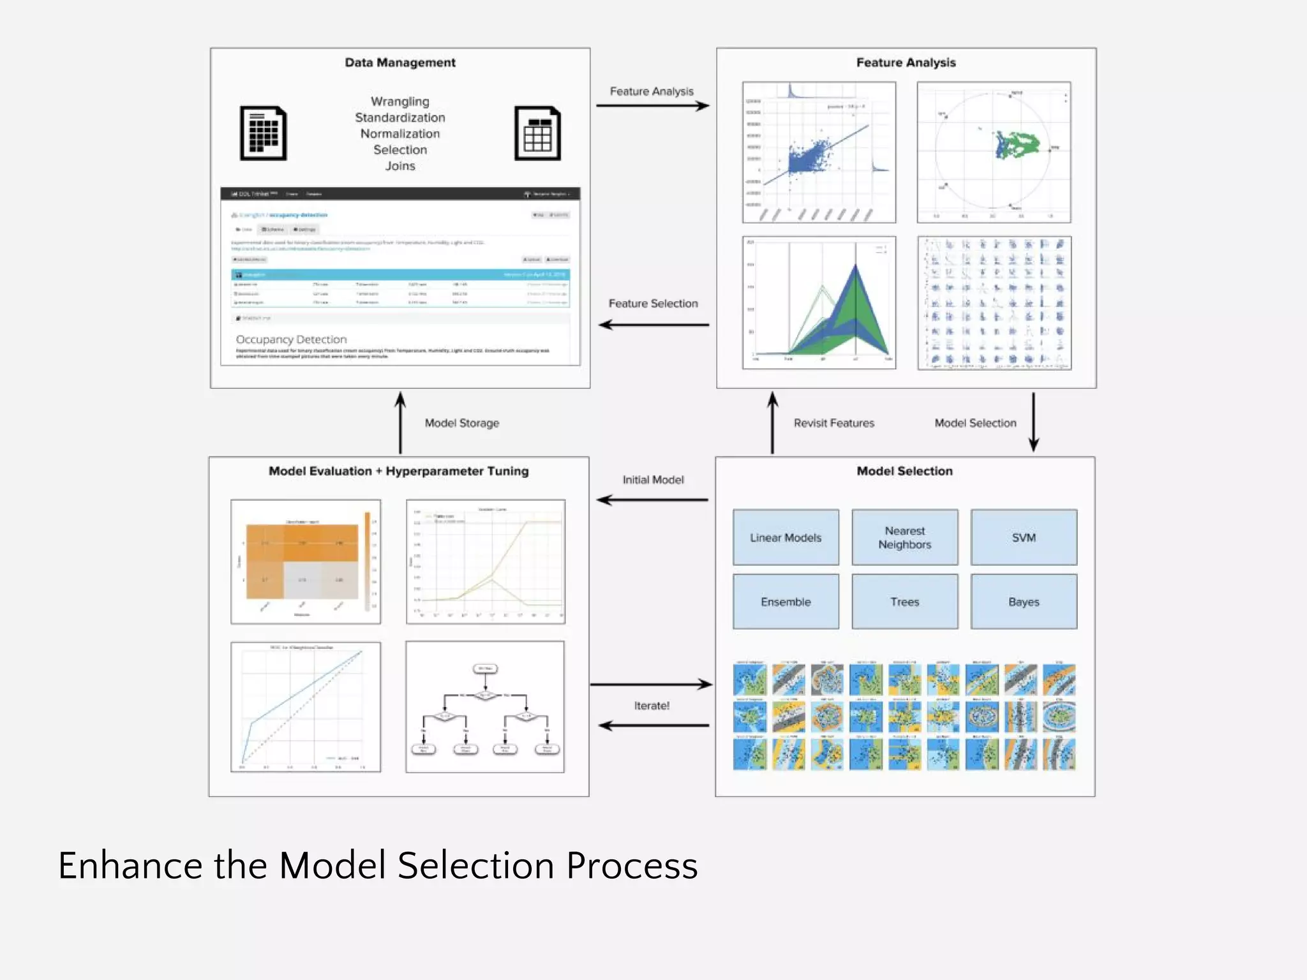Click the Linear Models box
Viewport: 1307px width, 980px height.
[786, 537]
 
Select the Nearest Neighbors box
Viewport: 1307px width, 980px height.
[904, 537]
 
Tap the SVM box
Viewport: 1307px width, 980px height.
[1024, 537]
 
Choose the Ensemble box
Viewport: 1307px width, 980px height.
[786, 602]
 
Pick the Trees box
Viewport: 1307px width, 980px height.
[904, 602]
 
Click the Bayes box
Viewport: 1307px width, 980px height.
[1024, 602]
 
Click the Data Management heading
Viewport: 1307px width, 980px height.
[400, 63]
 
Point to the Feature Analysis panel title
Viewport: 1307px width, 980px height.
[906, 63]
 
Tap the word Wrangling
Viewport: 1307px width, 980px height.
[400, 101]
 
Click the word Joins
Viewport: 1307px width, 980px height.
[400, 166]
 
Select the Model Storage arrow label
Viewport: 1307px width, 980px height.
[462, 423]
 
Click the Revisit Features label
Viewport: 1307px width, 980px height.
[833, 423]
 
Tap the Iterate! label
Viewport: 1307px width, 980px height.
[652, 706]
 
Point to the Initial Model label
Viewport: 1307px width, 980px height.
[653, 480]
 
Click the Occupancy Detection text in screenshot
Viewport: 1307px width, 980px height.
[292, 339]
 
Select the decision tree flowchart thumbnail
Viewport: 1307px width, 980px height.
[485, 707]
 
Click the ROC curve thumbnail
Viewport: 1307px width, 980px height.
[306, 707]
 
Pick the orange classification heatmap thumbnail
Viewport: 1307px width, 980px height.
[306, 561]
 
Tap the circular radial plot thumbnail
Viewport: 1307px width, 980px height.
[994, 152]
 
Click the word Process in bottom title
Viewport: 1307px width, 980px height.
[632, 866]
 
